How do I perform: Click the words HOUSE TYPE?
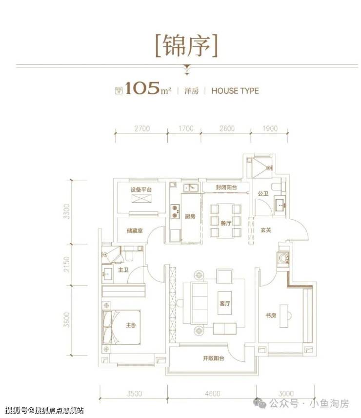click(x=235, y=90)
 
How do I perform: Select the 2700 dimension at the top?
click(x=140, y=129)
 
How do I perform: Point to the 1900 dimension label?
click(x=269, y=129)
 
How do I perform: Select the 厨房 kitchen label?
click(x=190, y=217)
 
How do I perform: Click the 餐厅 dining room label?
click(x=225, y=222)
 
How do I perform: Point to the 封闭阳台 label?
click(x=226, y=187)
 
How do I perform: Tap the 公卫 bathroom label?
click(x=263, y=194)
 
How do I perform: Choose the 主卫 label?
click(x=122, y=270)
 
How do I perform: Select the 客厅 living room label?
click(x=225, y=303)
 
